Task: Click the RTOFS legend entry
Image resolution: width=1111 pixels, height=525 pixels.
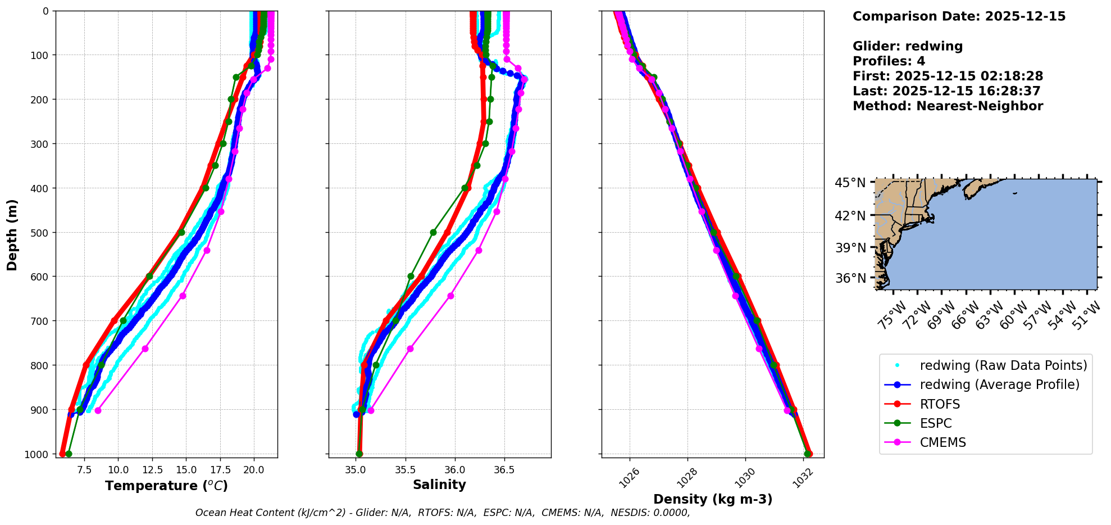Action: (x=940, y=404)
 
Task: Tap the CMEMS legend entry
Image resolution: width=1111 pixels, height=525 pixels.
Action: (x=942, y=442)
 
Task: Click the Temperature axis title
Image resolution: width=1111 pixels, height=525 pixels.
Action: (x=166, y=486)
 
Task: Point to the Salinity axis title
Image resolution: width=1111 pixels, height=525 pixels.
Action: (x=439, y=485)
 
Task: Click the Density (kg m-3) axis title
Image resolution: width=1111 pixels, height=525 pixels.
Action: (x=713, y=499)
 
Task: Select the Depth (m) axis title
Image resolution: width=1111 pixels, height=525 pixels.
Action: (x=12, y=234)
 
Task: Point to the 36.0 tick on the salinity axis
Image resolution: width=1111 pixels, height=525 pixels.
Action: (x=454, y=470)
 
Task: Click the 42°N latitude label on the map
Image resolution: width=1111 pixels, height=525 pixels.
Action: (x=850, y=216)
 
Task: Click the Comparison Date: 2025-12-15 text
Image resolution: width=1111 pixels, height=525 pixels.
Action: (x=959, y=16)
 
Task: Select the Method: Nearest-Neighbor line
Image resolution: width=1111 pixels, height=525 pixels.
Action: (x=948, y=106)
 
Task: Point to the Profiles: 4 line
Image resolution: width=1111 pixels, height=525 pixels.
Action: (x=889, y=61)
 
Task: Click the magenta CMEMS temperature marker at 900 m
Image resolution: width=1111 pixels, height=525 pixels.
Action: (x=98, y=410)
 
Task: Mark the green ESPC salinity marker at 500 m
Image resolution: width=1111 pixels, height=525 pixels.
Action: (x=433, y=232)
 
